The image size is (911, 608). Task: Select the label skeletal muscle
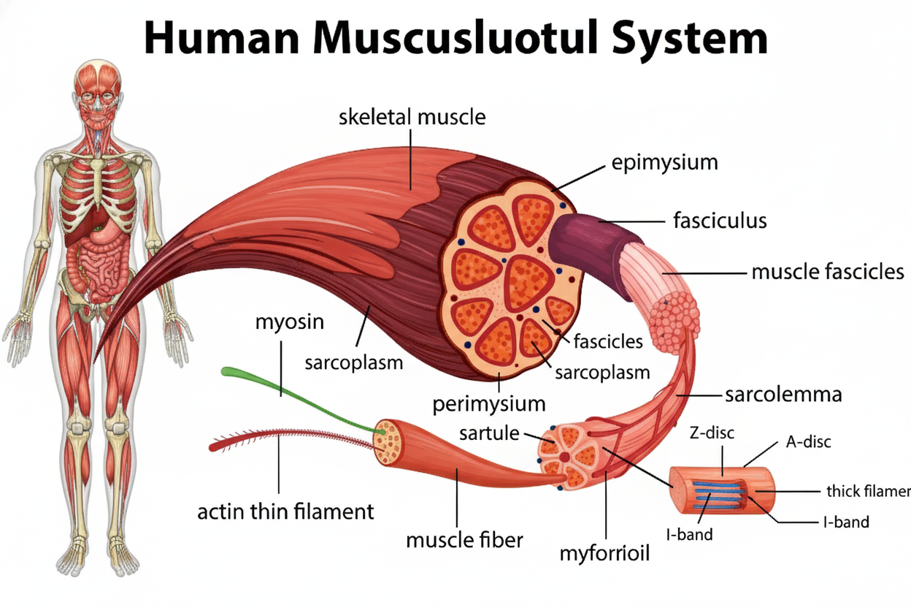pos(412,116)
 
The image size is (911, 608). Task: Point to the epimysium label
pos(664,162)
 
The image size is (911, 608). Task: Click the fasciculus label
pos(718,220)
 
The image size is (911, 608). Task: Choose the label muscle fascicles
pos(828,273)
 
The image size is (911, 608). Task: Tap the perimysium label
pos(489,403)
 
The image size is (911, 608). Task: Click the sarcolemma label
pos(783,395)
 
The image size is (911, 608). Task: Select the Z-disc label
pos(712,433)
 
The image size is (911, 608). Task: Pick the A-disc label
pos(808,441)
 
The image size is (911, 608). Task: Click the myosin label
pos(289,322)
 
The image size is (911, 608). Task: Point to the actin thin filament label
pos(285,511)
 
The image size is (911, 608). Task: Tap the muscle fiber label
pos(464,540)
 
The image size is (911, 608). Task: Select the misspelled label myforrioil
pos(604,553)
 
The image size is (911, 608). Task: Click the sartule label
pos(489,433)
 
